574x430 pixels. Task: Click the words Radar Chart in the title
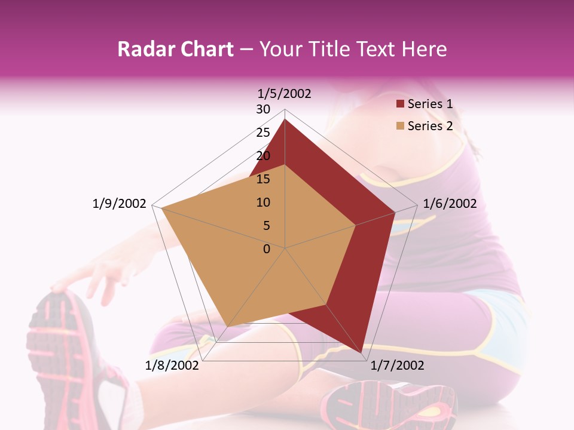coord(175,49)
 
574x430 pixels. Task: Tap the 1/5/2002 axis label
coord(285,93)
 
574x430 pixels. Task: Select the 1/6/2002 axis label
coord(450,204)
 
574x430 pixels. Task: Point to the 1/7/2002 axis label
coord(397,365)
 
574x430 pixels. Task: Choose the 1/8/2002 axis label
coord(172,365)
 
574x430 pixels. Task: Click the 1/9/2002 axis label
coord(120,204)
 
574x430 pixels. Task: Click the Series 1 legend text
coord(430,104)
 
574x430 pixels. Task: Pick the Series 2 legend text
coord(430,126)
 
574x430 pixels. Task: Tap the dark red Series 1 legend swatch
coord(400,105)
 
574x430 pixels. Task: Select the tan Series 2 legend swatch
coord(400,127)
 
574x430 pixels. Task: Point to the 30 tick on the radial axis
coord(263,109)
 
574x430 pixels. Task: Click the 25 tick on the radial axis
coord(263,133)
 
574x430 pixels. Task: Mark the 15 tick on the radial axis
coord(263,179)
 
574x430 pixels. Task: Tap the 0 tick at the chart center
coord(267,249)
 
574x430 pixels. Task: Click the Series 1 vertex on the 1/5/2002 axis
coord(285,119)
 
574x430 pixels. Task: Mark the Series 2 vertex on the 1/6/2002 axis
coord(356,225)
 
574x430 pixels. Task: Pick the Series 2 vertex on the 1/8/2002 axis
coord(228,326)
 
